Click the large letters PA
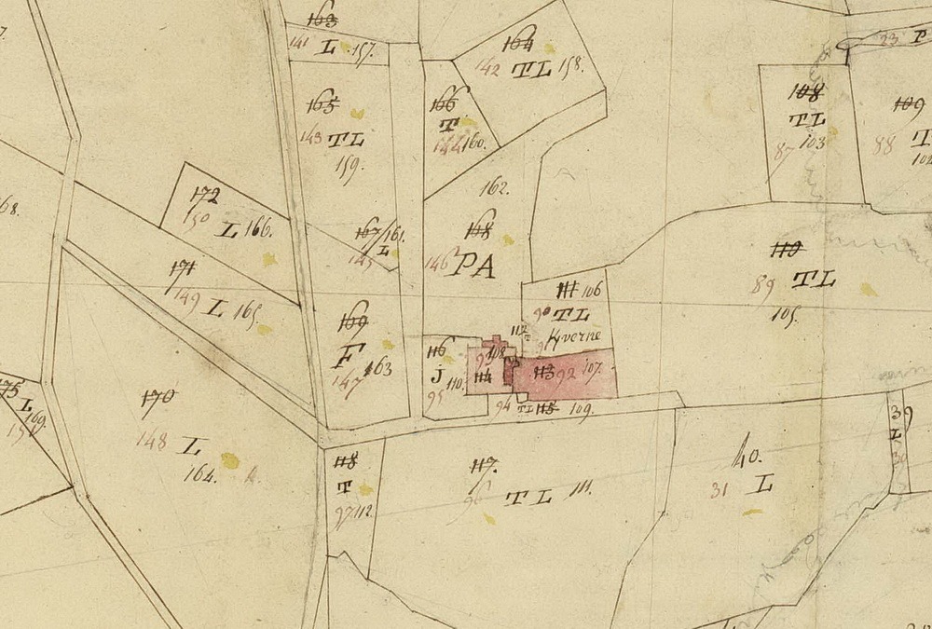point(473,267)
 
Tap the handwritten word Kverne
point(580,335)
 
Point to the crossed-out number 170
point(159,398)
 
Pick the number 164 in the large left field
point(201,473)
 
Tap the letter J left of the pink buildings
point(435,376)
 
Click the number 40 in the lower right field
point(748,456)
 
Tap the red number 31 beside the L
point(719,489)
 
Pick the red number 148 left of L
point(151,440)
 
